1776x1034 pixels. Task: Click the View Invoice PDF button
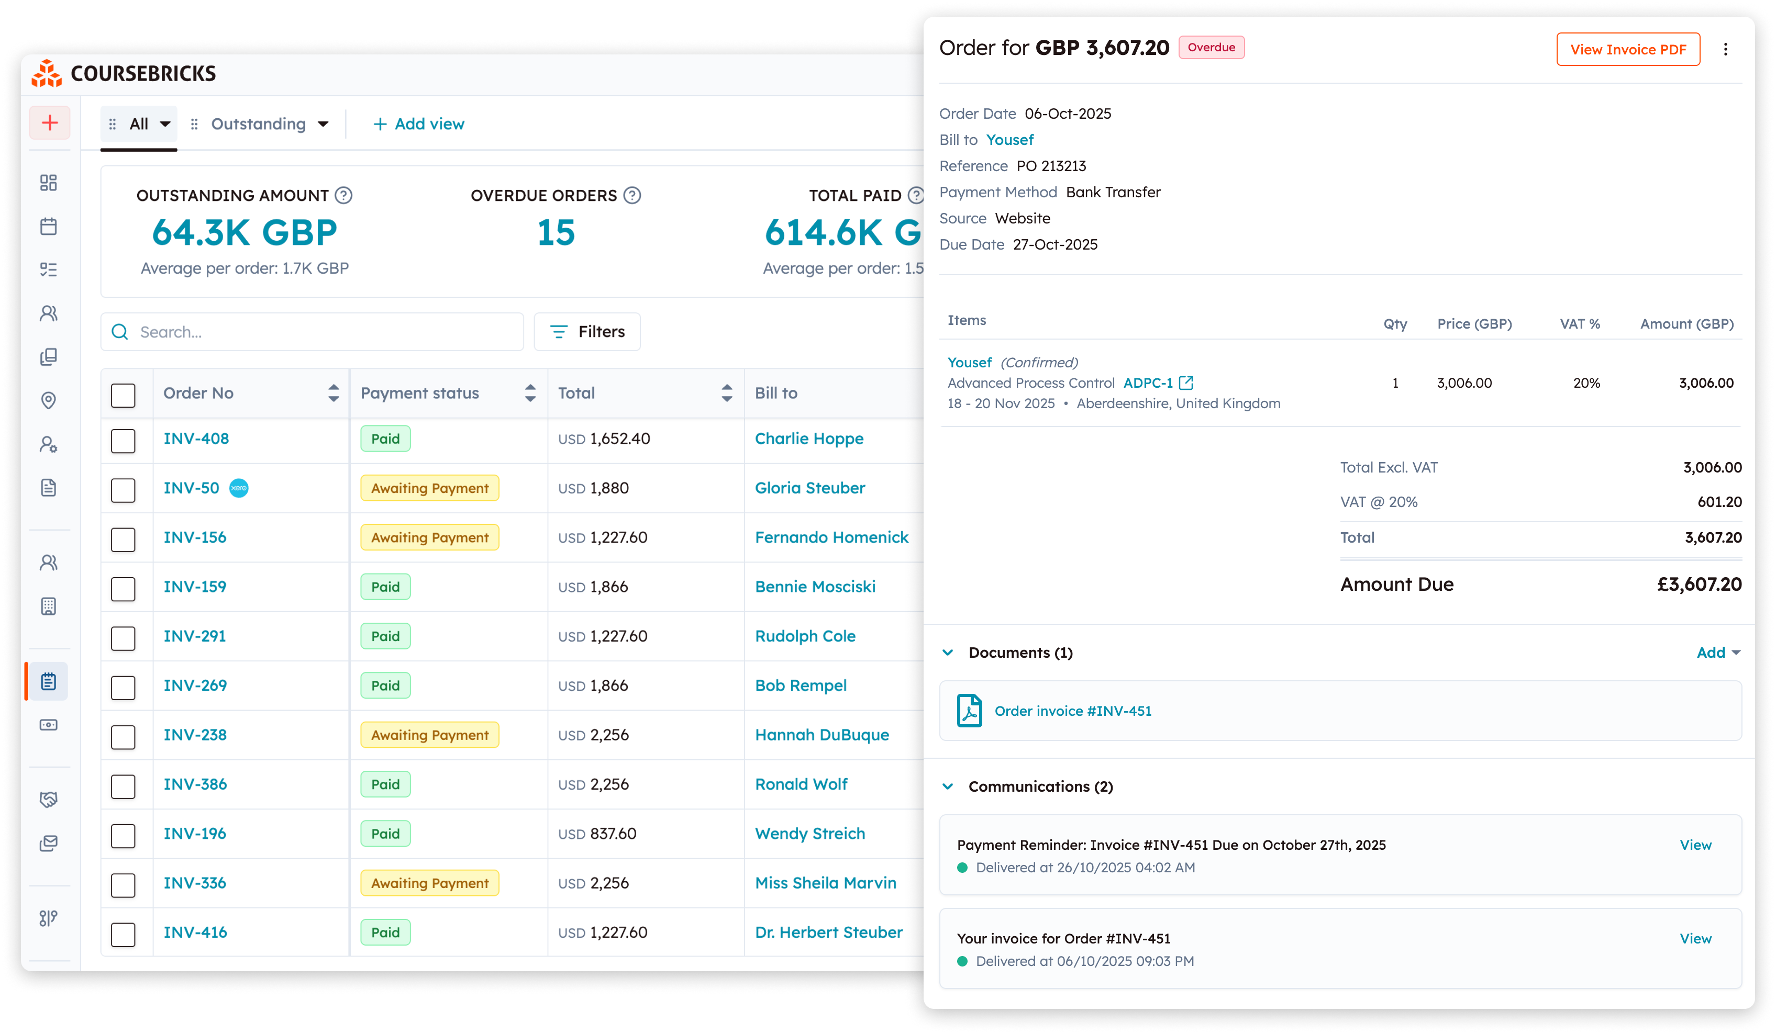(1627, 49)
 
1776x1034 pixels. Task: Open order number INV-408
(196, 439)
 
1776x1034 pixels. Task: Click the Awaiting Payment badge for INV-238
(429, 735)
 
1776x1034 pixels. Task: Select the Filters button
(587, 332)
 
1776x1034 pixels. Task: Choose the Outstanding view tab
(259, 124)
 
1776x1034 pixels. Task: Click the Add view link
(419, 124)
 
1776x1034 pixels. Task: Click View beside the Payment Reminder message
(1694, 845)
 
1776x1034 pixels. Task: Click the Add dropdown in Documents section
(1717, 652)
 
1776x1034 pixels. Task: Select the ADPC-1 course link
(1147, 383)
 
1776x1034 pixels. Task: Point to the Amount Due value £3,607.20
(1699, 584)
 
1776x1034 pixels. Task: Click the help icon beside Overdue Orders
(632, 195)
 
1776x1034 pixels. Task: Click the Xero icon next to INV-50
(239, 488)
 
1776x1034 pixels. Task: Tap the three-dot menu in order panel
(1725, 49)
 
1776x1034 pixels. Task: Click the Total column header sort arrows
(727, 393)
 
